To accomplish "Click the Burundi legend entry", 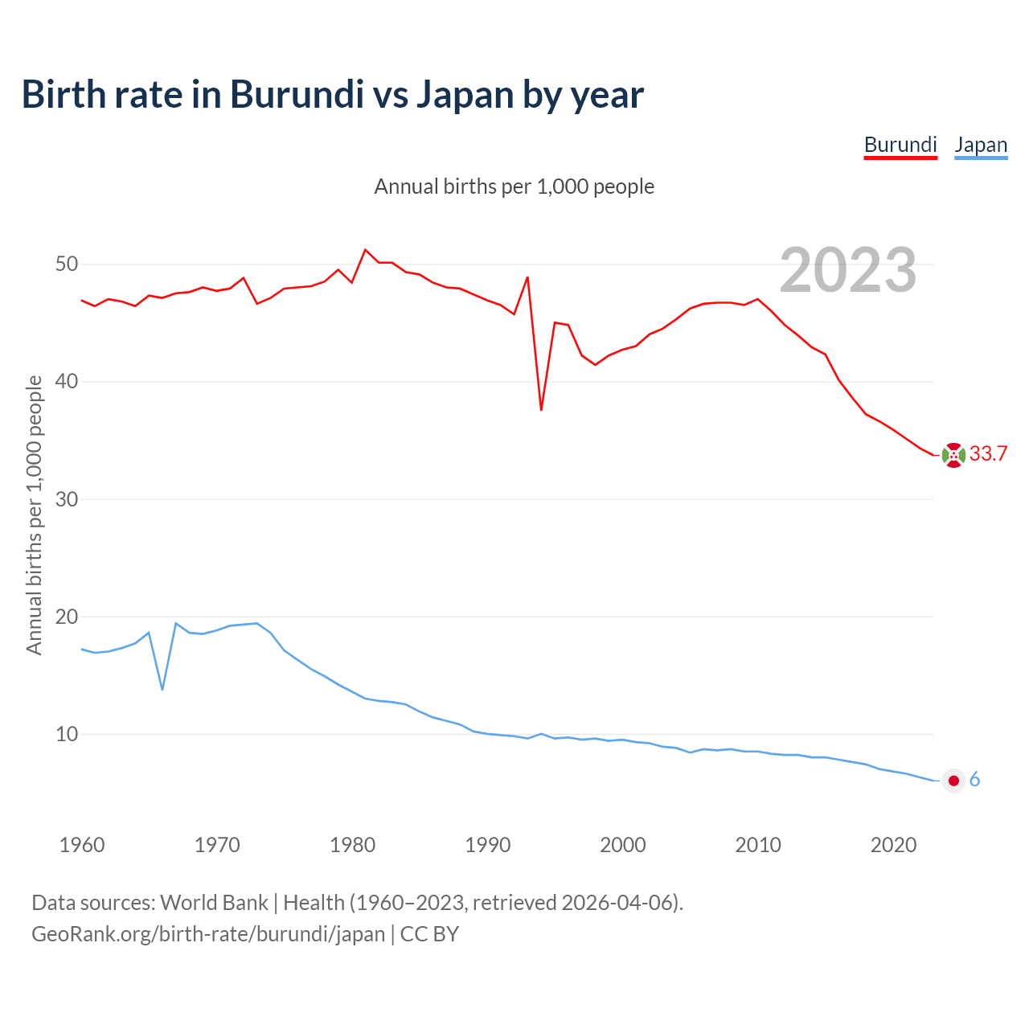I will (900, 145).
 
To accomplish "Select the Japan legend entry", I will (981, 145).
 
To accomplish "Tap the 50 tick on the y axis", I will (67, 264).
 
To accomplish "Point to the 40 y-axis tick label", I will (67, 381).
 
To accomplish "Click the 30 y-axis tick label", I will (67, 499).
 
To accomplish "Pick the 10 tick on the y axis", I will (67, 734).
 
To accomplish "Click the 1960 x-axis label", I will (82, 845).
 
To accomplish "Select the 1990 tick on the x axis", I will (488, 845).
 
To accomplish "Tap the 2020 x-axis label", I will (894, 845).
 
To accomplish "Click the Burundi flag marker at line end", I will (953, 455).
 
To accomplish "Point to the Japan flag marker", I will (953, 781).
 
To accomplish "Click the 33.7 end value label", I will (988, 454).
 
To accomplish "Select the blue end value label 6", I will (974, 780).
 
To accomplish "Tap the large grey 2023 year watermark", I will (848, 270).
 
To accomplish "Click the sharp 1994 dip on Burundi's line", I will (541, 410).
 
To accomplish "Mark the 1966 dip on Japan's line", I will (162, 689).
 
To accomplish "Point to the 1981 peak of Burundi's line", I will (365, 250).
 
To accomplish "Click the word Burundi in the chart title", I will (296, 94).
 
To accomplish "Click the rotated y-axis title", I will (34, 514).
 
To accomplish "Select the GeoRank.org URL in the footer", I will (208, 934).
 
